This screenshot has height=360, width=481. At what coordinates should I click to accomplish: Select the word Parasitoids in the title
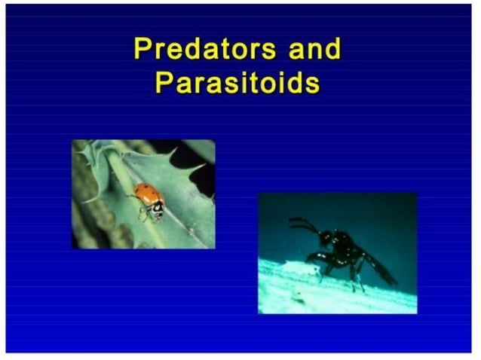[237, 82]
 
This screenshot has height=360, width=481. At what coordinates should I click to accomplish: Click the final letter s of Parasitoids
[312, 83]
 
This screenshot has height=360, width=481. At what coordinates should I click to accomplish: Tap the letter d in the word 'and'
[331, 50]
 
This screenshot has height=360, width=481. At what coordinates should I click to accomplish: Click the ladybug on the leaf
[149, 200]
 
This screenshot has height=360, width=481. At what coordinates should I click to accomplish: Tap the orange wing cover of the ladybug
[146, 195]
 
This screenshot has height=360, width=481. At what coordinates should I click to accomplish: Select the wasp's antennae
[302, 224]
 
